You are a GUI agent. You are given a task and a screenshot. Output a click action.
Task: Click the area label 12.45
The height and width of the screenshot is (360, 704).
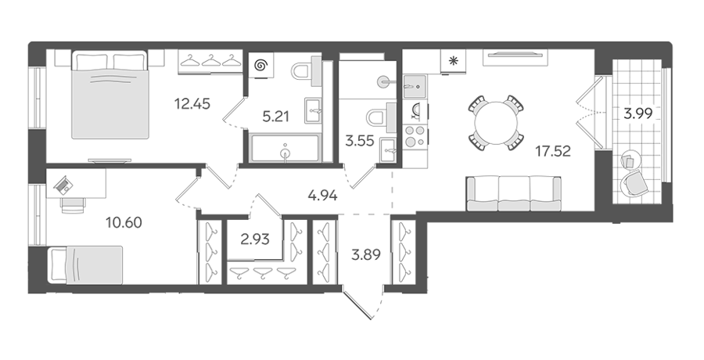(192, 104)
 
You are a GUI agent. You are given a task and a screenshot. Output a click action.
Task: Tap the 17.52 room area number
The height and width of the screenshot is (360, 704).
(553, 151)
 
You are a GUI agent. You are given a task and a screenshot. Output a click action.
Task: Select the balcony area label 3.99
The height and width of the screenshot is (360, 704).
(638, 113)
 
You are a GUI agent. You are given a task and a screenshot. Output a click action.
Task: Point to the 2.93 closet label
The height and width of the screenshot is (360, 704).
(255, 239)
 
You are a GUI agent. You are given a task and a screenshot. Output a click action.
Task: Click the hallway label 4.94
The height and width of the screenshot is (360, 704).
(323, 196)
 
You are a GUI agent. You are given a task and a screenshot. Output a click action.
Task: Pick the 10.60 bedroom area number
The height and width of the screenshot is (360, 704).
(124, 221)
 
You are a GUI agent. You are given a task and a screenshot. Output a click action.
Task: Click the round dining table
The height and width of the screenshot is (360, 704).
(496, 122)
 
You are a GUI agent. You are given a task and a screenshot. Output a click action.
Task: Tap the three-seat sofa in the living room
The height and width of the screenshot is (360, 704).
(514, 193)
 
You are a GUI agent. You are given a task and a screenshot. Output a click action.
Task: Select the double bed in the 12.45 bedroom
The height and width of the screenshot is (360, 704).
(110, 95)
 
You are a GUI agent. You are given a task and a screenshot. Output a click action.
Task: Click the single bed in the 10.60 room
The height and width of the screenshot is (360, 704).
(85, 265)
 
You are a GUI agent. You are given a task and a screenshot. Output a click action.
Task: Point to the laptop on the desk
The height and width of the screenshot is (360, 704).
(63, 184)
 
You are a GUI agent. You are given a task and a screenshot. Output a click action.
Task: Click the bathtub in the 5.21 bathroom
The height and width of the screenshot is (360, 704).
(285, 148)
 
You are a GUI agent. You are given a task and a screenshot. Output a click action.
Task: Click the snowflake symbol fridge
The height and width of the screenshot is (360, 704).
(454, 62)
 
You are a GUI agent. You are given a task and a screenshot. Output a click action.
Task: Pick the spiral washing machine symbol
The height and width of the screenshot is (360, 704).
(260, 66)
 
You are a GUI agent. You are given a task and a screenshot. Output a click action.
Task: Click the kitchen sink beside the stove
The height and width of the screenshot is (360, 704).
(415, 86)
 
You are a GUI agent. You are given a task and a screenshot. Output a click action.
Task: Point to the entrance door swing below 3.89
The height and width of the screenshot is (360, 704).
(364, 304)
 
